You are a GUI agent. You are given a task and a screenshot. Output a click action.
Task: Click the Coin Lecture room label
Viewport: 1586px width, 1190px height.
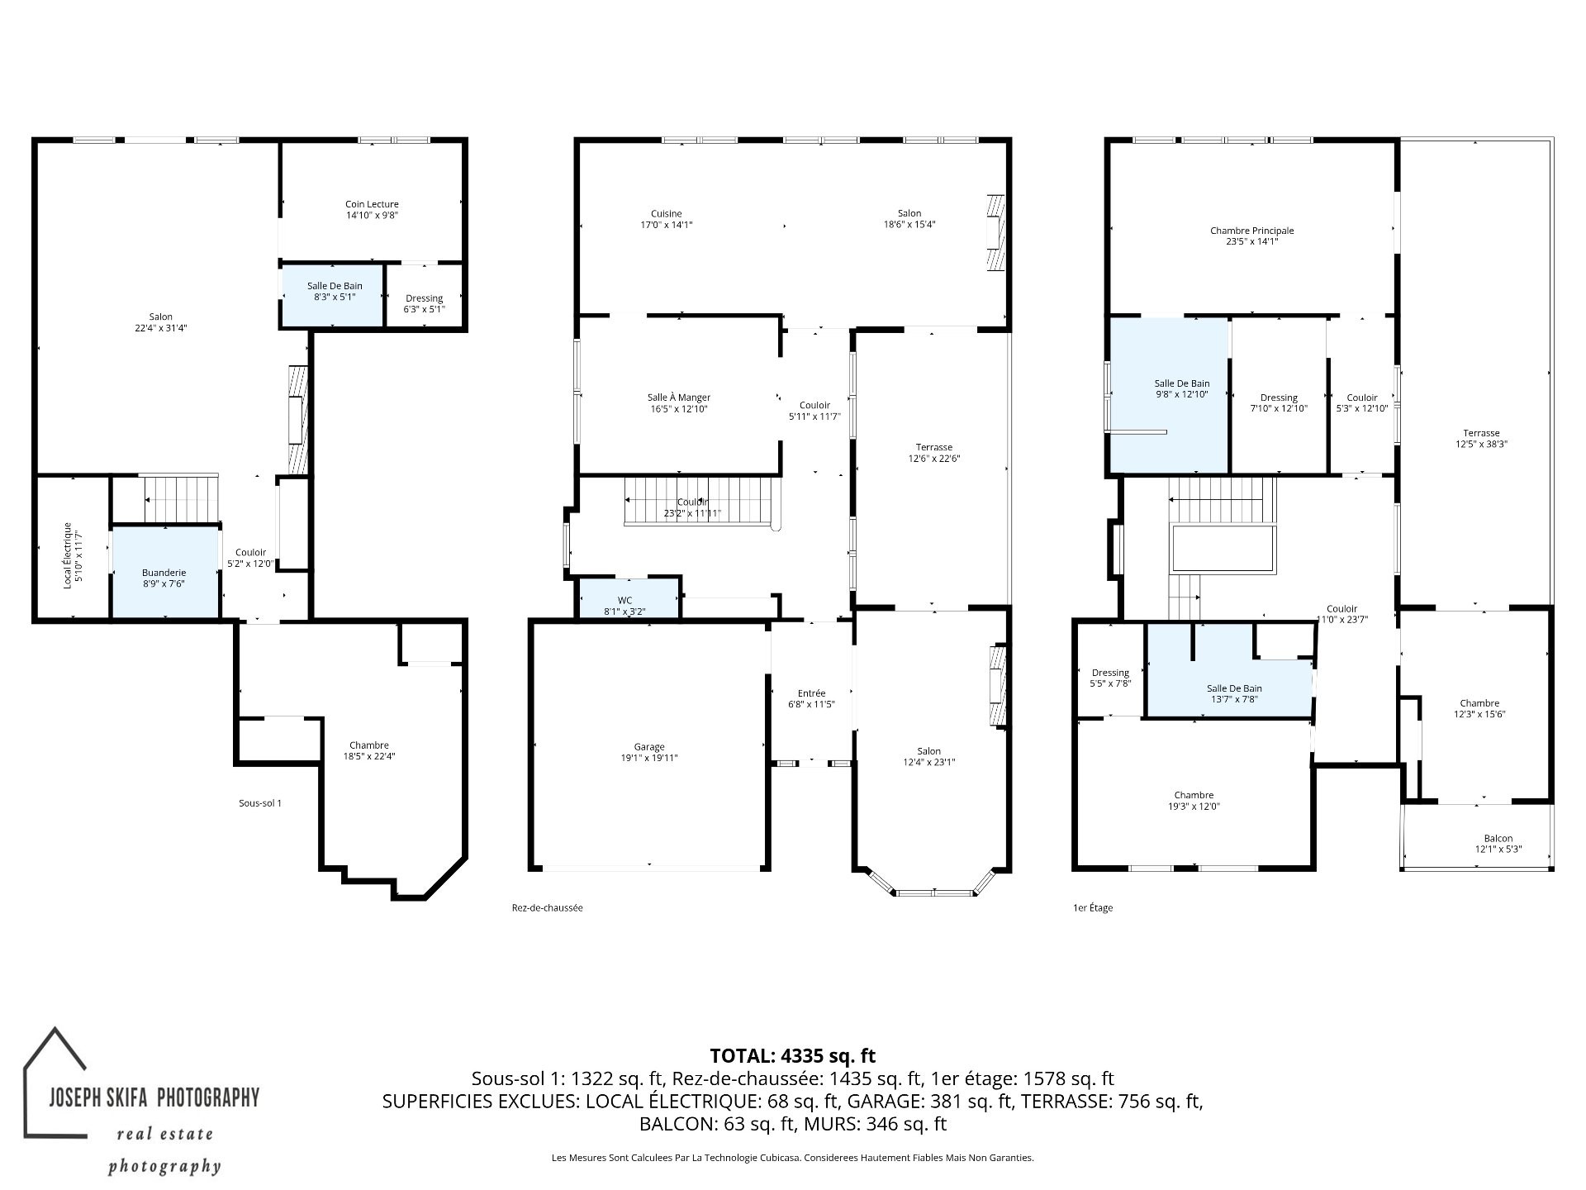pos(372,204)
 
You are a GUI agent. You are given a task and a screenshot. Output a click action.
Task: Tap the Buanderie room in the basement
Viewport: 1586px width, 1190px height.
pos(165,572)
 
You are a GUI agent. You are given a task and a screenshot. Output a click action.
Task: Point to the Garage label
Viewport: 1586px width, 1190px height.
pos(649,747)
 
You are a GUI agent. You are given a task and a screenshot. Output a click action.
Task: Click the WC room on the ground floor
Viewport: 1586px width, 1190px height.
pos(629,598)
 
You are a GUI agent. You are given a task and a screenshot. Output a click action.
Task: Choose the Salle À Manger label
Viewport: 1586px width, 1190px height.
pos(679,397)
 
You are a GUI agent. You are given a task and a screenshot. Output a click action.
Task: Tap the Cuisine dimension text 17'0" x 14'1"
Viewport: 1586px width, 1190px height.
pos(667,225)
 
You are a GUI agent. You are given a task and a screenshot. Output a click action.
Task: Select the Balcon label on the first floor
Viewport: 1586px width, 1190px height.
pos(1498,838)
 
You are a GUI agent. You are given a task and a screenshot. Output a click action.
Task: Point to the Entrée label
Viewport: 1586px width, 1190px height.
pos(811,693)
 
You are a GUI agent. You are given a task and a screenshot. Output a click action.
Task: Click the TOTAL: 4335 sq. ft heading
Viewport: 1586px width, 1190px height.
pos(793,1055)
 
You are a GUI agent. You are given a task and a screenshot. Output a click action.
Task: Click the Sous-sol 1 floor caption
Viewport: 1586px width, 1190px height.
pos(260,802)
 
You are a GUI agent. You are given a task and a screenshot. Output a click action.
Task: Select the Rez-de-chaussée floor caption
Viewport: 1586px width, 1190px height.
pos(548,907)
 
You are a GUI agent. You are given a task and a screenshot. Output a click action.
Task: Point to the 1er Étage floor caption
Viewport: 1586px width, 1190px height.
pos(1093,907)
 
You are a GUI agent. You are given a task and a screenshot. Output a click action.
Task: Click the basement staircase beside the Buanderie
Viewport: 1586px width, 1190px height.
pos(180,499)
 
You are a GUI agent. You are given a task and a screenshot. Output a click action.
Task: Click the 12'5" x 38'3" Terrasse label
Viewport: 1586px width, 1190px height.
pos(1481,438)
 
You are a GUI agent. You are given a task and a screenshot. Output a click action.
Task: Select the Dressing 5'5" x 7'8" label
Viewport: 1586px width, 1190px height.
pos(1110,678)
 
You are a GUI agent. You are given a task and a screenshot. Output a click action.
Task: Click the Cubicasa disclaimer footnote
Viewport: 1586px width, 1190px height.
pos(793,1158)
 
